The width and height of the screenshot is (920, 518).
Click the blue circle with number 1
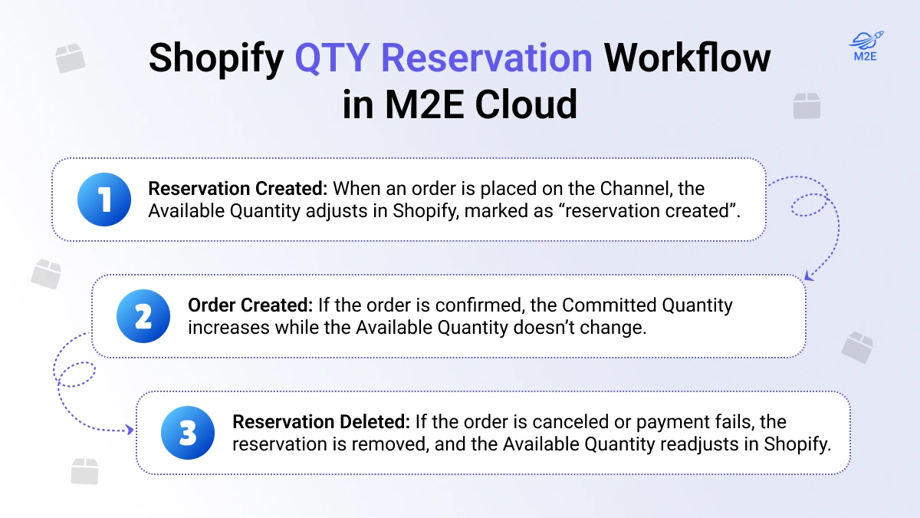coord(105,200)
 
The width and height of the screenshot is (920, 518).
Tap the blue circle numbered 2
coord(144,315)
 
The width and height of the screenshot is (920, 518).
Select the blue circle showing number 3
coord(189,432)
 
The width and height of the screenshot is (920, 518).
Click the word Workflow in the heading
coord(688,58)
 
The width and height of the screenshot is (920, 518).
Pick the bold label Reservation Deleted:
coord(321,422)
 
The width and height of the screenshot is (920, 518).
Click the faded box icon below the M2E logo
coord(807,107)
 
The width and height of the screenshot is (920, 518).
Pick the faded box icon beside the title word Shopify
coord(71,58)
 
